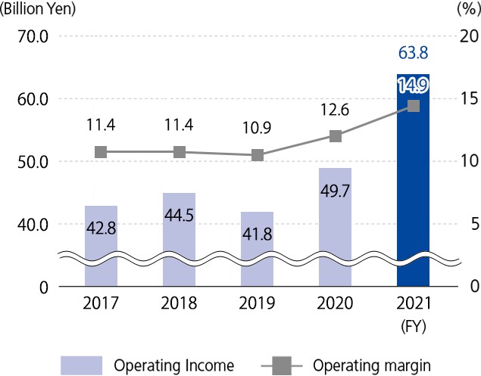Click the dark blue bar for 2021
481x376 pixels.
click(x=413, y=182)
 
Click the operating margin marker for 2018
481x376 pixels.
click(x=180, y=152)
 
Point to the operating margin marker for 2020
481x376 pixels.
click(x=336, y=136)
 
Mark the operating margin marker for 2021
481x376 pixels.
click(x=414, y=106)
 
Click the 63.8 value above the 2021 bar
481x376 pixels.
click(x=414, y=53)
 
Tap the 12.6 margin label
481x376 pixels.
click(x=336, y=112)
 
